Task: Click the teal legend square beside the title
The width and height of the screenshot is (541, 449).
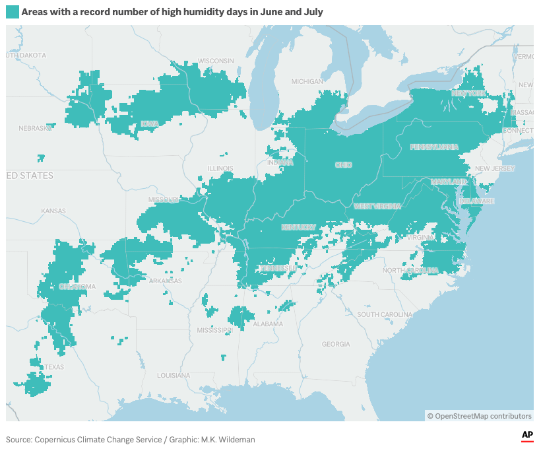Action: [x=13, y=13]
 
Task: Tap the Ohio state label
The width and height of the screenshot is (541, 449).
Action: [x=344, y=165]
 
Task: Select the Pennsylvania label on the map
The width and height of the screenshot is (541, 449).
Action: [x=433, y=147]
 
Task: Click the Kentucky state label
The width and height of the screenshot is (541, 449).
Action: [x=299, y=227]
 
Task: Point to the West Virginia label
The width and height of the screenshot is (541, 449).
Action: [x=377, y=206]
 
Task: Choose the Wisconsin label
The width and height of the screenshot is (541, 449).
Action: [x=216, y=61]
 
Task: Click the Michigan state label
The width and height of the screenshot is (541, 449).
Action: [x=307, y=82]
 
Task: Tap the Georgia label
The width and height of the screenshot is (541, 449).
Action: [x=336, y=344]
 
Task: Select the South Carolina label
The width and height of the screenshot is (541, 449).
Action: [x=386, y=314]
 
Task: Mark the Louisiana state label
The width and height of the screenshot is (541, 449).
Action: [x=174, y=375]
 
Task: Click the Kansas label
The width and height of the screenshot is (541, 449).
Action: [x=53, y=211]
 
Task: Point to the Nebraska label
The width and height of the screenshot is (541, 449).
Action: [x=35, y=128]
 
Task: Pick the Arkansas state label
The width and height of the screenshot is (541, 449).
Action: [x=164, y=281]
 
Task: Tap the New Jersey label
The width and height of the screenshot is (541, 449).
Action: [x=494, y=169]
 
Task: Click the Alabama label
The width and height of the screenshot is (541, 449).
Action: [x=267, y=324]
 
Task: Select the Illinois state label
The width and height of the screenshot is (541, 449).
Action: [x=220, y=168]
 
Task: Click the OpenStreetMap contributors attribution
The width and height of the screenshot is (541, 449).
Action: [x=479, y=416]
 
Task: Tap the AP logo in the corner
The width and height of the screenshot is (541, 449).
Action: [x=527, y=435]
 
